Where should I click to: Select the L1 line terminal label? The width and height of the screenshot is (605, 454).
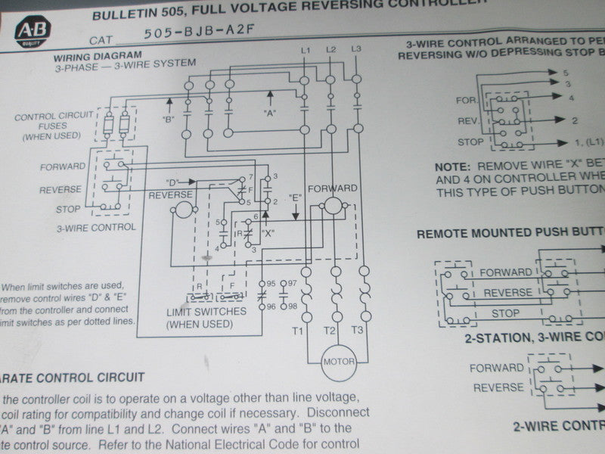[305, 50]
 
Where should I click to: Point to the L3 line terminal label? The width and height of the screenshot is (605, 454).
[356, 50]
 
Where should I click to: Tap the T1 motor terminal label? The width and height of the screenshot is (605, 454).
[298, 331]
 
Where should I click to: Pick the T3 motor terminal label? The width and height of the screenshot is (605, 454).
[358, 331]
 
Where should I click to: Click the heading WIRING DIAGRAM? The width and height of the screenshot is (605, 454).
[97, 56]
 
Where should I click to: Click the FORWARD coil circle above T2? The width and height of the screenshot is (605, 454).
[331, 206]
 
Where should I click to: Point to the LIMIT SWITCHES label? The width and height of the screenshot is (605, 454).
[206, 312]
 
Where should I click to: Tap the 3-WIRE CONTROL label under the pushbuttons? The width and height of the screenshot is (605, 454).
[97, 227]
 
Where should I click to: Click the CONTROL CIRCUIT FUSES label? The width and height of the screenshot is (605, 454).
[55, 126]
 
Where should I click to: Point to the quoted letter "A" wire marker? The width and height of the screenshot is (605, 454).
[268, 113]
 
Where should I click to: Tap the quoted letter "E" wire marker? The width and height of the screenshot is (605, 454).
[295, 198]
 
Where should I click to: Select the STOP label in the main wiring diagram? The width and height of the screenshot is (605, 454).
[68, 210]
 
